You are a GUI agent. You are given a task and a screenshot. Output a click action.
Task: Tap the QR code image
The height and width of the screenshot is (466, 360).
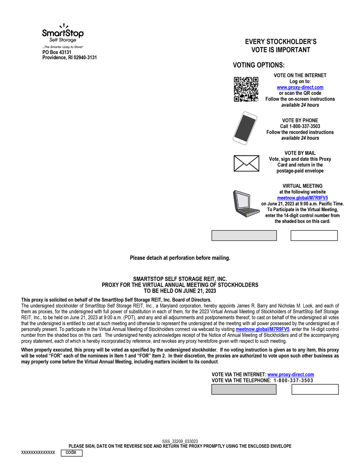click(x=245, y=89)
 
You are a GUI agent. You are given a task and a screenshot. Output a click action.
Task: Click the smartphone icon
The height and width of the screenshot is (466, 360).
click(x=245, y=128)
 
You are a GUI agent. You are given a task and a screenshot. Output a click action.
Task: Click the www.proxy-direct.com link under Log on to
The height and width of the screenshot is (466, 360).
click(x=300, y=87)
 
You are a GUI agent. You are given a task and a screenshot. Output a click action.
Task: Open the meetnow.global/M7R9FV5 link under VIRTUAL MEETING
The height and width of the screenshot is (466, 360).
click(x=302, y=198)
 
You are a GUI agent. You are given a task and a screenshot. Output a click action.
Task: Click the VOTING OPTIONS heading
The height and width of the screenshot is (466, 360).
click(x=259, y=65)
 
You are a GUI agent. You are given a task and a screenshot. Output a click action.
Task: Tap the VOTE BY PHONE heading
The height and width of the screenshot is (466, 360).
click(x=300, y=120)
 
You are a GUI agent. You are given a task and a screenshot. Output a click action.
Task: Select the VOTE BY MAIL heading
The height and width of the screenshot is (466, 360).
click(x=300, y=153)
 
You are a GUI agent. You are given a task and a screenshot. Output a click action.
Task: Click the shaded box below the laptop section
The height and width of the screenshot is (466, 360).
click(x=244, y=235)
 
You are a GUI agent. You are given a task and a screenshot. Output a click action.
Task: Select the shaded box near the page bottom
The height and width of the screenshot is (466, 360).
click(x=244, y=390)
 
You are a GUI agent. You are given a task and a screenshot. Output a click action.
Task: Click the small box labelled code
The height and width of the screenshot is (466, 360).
click(x=72, y=453)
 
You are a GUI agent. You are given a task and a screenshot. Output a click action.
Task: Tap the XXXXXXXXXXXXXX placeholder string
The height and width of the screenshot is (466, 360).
click(x=38, y=453)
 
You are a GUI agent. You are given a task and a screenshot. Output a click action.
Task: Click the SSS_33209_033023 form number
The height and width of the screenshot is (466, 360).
click(x=180, y=441)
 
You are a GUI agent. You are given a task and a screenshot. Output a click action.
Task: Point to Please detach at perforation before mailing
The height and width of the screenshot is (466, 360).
click(x=180, y=258)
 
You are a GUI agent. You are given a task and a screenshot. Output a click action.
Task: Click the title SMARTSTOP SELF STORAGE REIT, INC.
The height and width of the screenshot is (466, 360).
click(x=180, y=279)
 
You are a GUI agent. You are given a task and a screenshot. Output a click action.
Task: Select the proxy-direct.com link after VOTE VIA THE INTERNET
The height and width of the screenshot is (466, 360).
click(x=291, y=375)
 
